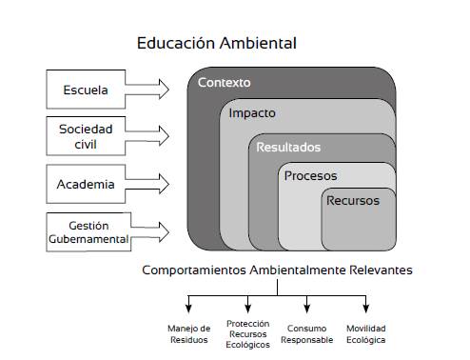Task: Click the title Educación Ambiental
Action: pyautogui.click(x=217, y=43)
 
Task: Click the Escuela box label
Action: pyautogui.click(x=86, y=90)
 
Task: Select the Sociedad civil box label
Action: pyautogui.click(x=86, y=136)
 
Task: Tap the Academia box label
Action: pyautogui.click(x=86, y=184)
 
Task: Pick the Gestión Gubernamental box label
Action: pyautogui.click(x=88, y=232)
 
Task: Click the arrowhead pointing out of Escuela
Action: pyautogui.click(x=164, y=90)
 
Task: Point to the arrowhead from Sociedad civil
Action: pyautogui.click(x=164, y=136)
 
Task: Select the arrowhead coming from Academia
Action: pyautogui.click(x=164, y=184)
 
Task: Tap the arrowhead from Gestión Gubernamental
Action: pyautogui.click(x=164, y=232)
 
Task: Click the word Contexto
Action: pyautogui.click(x=225, y=83)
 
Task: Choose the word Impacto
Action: pyautogui.click(x=252, y=113)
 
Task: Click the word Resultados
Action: pyautogui.click(x=288, y=148)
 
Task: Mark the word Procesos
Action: pyautogui.click(x=311, y=176)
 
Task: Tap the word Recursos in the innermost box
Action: pyautogui.click(x=353, y=201)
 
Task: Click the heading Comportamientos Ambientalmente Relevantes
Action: pyautogui.click(x=277, y=270)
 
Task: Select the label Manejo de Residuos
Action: pyautogui.click(x=189, y=334)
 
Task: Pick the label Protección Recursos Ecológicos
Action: pyautogui.click(x=248, y=334)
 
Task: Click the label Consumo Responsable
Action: pyautogui.click(x=307, y=334)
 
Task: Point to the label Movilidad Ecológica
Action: pyautogui.click(x=366, y=334)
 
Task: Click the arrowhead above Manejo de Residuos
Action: pyautogui.click(x=188, y=309)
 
